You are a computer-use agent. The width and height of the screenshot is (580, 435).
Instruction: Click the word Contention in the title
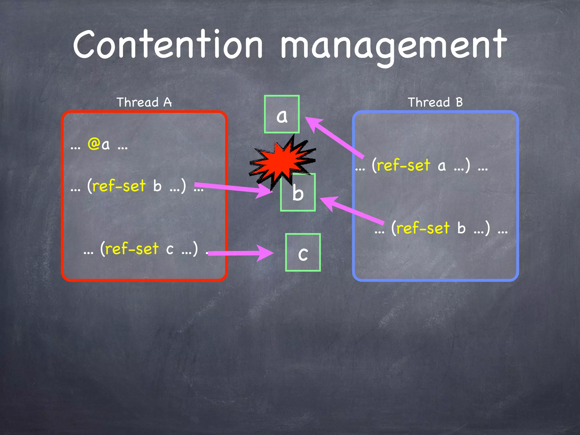tap(168, 45)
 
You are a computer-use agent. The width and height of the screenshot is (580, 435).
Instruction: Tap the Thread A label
tap(144, 102)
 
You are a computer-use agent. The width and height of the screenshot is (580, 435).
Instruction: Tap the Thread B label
tap(435, 102)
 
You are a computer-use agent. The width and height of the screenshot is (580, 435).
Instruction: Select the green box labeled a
tap(282, 114)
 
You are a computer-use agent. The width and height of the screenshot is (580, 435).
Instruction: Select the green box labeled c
tap(303, 253)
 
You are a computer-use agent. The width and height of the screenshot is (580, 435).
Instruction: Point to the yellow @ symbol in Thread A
tap(93, 144)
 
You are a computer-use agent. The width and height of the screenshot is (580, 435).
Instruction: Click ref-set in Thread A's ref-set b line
tap(119, 186)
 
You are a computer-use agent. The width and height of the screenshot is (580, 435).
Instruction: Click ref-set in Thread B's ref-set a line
tap(404, 165)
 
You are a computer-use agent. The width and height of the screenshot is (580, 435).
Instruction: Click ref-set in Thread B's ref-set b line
tap(423, 228)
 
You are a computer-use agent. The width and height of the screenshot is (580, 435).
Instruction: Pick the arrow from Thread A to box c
tap(241, 253)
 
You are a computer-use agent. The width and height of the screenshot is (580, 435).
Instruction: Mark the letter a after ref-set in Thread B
tap(442, 166)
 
